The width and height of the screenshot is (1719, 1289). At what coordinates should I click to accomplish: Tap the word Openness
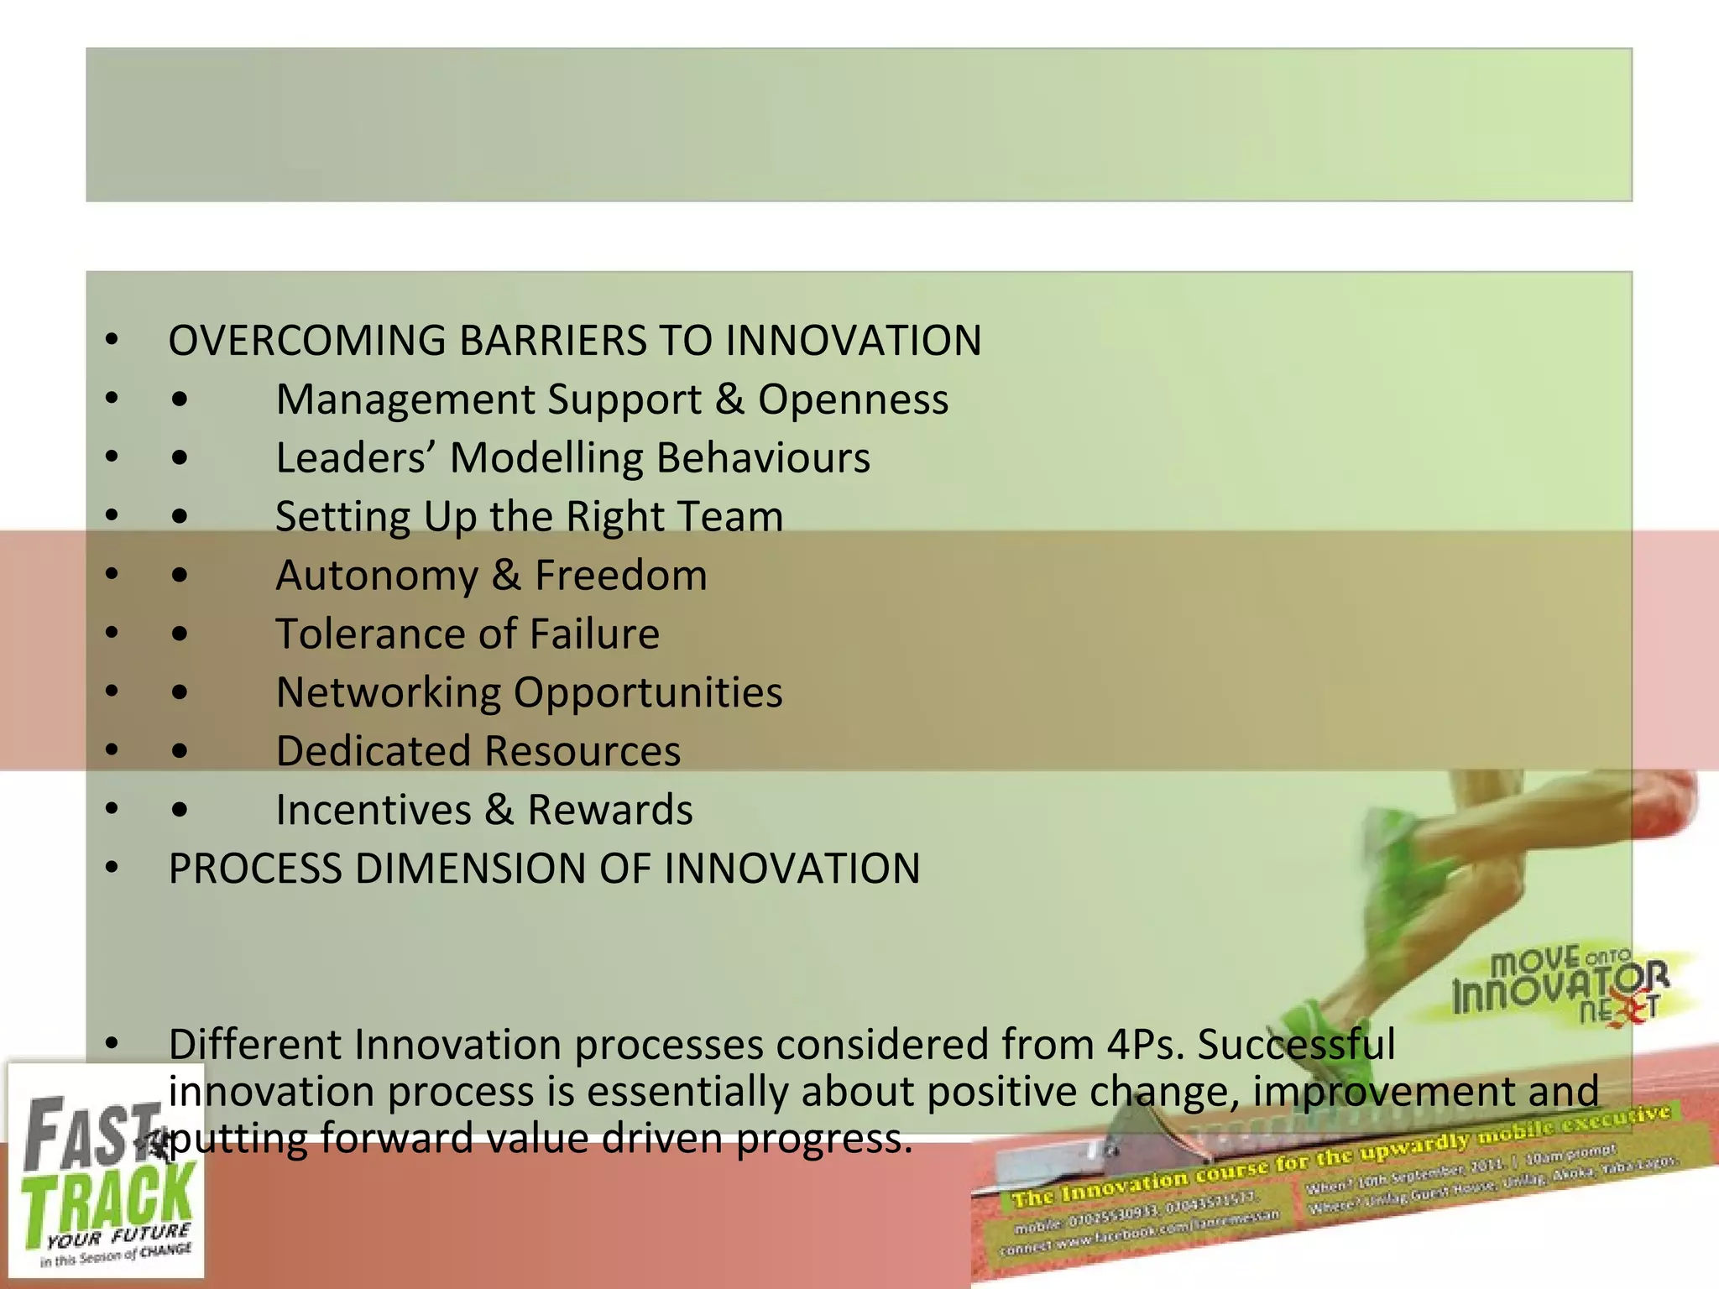853,399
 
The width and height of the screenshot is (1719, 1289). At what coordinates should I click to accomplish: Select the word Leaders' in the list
355,458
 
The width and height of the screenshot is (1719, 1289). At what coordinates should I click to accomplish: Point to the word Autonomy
377,577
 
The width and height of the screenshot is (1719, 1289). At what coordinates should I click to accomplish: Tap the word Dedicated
374,751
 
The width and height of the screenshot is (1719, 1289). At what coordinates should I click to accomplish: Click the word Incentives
374,810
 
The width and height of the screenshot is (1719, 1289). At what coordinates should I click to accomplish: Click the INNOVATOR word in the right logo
1553,991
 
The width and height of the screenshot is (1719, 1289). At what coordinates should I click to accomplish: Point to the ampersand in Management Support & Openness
729,399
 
